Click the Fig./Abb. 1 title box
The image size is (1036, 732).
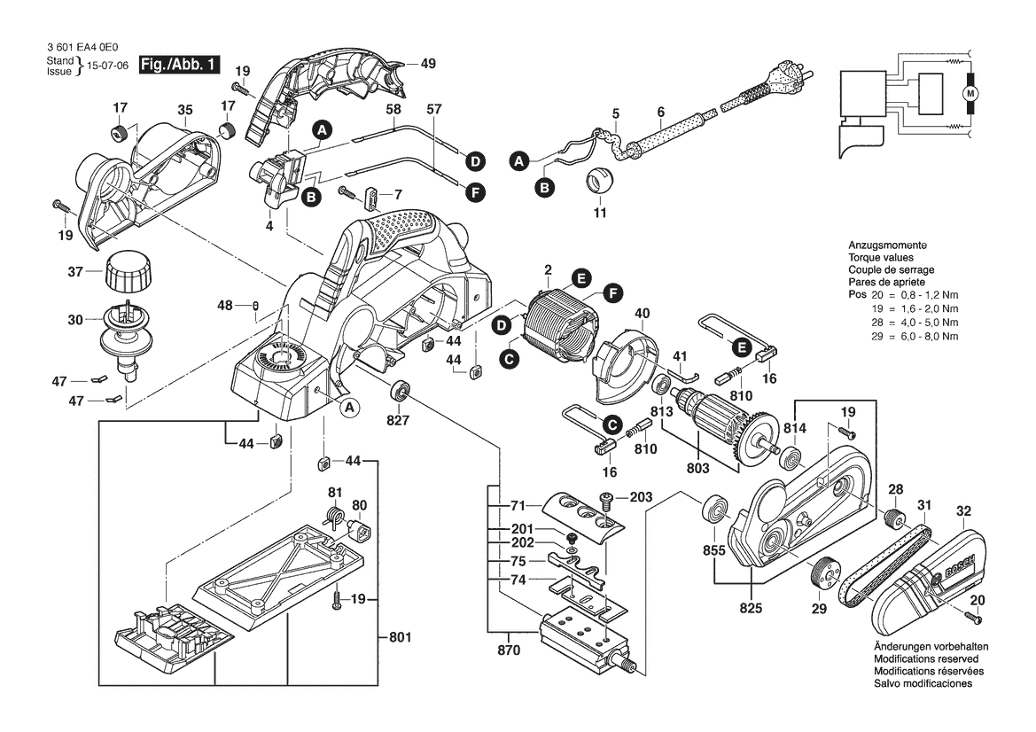point(180,66)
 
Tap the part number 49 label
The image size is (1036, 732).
point(428,64)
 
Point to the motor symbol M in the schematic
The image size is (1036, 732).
point(970,93)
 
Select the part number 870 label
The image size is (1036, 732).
point(509,650)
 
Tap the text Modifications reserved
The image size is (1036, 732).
point(926,659)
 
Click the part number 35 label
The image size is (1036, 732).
point(184,110)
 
